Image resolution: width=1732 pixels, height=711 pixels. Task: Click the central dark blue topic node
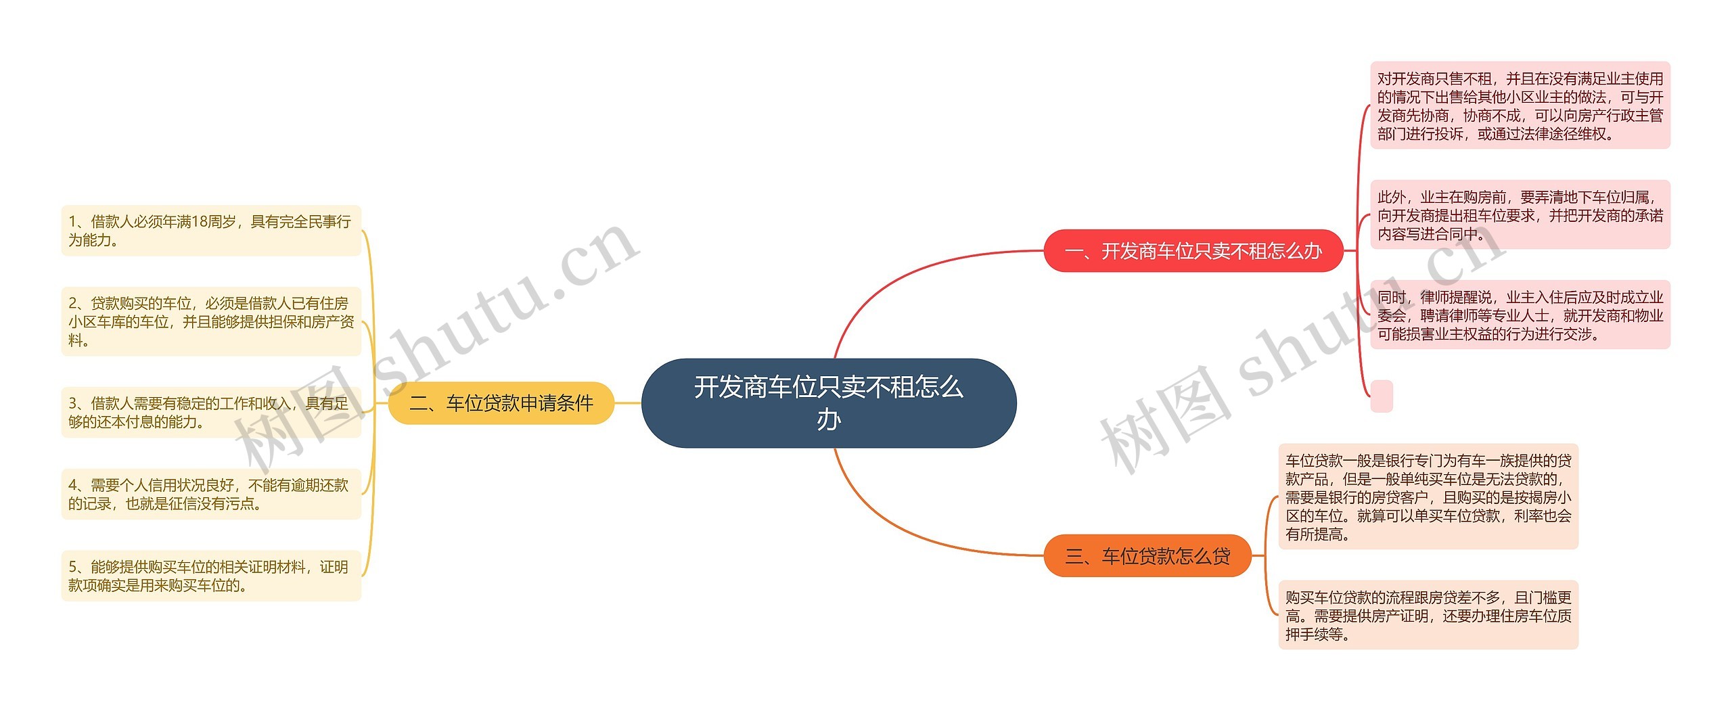[x=829, y=403]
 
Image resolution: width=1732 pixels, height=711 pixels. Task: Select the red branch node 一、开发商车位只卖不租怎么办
[x=1193, y=251]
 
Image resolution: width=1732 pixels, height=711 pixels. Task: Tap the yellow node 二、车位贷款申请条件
[x=501, y=403]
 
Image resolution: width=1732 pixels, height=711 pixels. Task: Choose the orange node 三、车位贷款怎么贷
[x=1148, y=556]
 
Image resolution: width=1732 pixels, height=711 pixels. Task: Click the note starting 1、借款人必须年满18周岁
[x=211, y=231]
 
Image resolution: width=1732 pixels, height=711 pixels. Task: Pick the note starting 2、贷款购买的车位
[x=211, y=321]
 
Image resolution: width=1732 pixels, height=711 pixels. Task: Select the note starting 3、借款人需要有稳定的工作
[x=211, y=413]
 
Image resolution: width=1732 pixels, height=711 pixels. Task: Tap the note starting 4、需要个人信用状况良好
[x=211, y=494]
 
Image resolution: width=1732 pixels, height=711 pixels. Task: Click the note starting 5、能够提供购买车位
[x=211, y=576]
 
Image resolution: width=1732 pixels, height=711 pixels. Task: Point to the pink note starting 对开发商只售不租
[x=1520, y=106]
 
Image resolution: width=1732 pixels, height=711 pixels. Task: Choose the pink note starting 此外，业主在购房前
[x=1520, y=215]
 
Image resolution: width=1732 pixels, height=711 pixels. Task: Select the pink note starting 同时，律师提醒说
[x=1520, y=315]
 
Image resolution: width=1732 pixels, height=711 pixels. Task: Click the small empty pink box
[x=1382, y=396]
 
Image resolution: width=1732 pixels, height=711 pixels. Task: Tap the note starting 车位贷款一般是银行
[x=1428, y=497]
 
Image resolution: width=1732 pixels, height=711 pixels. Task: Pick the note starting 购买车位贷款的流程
[x=1428, y=616]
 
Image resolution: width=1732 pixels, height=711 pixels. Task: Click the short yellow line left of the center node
[x=628, y=403]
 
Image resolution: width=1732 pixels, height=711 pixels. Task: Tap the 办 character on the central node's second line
[x=829, y=420]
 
